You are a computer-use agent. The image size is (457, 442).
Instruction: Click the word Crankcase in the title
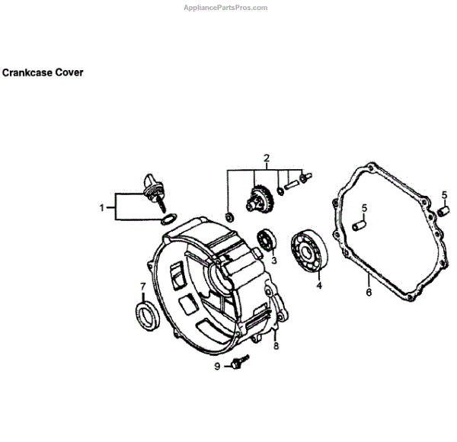pyautogui.click(x=29, y=73)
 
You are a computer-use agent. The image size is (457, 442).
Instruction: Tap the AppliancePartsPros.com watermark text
pyautogui.click(x=226, y=8)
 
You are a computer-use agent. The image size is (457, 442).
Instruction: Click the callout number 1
pyautogui.click(x=102, y=207)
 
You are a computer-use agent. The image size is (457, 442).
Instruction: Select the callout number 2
pyautogui.click(x=267, y=159)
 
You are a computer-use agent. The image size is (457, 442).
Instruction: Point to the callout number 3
pyautogui.click(x=273, y=261)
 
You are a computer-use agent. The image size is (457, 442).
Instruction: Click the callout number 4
pyautogui.click(x=319, y=286)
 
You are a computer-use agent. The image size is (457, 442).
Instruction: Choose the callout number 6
pyautogui.click(x=368, y=292)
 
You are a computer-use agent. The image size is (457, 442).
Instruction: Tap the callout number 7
pyautogui.click(x=142, y=287)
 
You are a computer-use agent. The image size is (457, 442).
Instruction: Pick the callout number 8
pyautogui.click(x=276, y=346)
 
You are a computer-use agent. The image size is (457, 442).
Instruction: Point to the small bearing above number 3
pyautogui.click(x=266, y=239)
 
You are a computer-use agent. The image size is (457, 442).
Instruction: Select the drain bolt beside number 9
pyautogui.click(x=240, y=362)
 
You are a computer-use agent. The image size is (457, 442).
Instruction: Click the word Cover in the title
pyautogui.click(x=70, y=73)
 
